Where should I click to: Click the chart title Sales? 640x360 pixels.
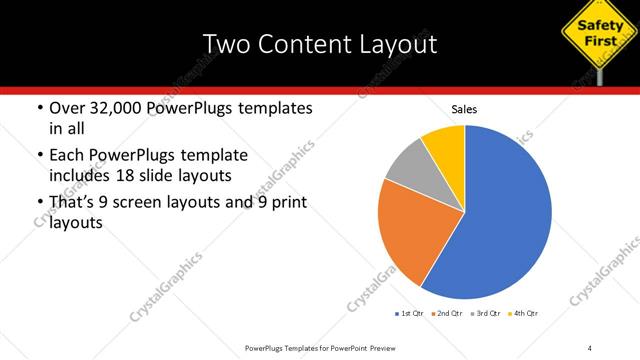point(464,108)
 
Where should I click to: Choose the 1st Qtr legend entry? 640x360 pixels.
point(411,314)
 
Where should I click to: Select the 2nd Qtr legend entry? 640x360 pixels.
point(446,314)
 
